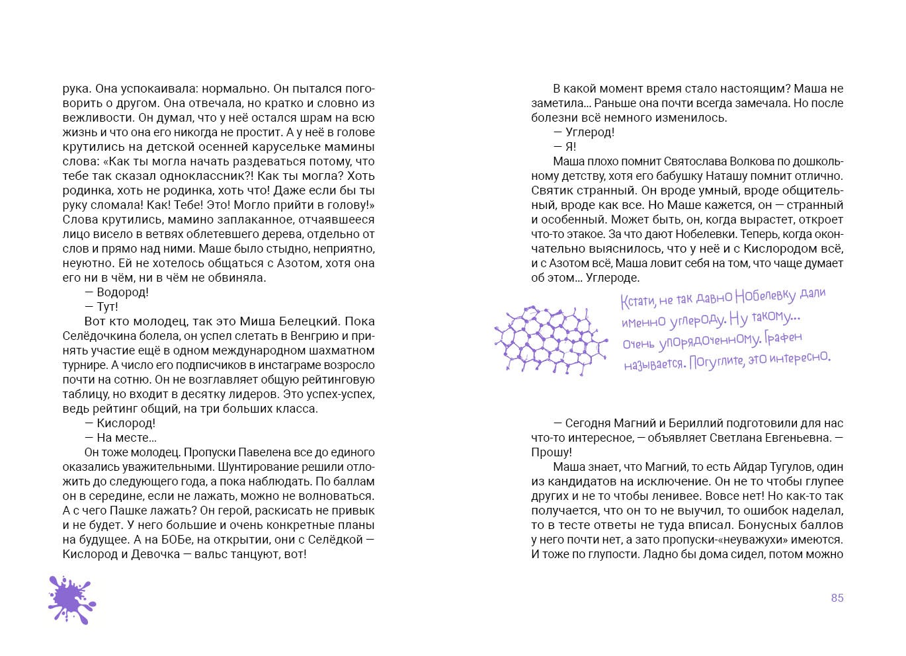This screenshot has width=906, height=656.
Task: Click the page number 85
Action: [837, 598]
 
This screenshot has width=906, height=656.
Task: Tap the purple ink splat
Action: [71, 599]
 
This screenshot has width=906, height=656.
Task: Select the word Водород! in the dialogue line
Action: [122, 292]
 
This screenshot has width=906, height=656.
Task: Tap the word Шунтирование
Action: [235, 467]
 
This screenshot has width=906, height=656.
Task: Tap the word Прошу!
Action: [551, 452]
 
